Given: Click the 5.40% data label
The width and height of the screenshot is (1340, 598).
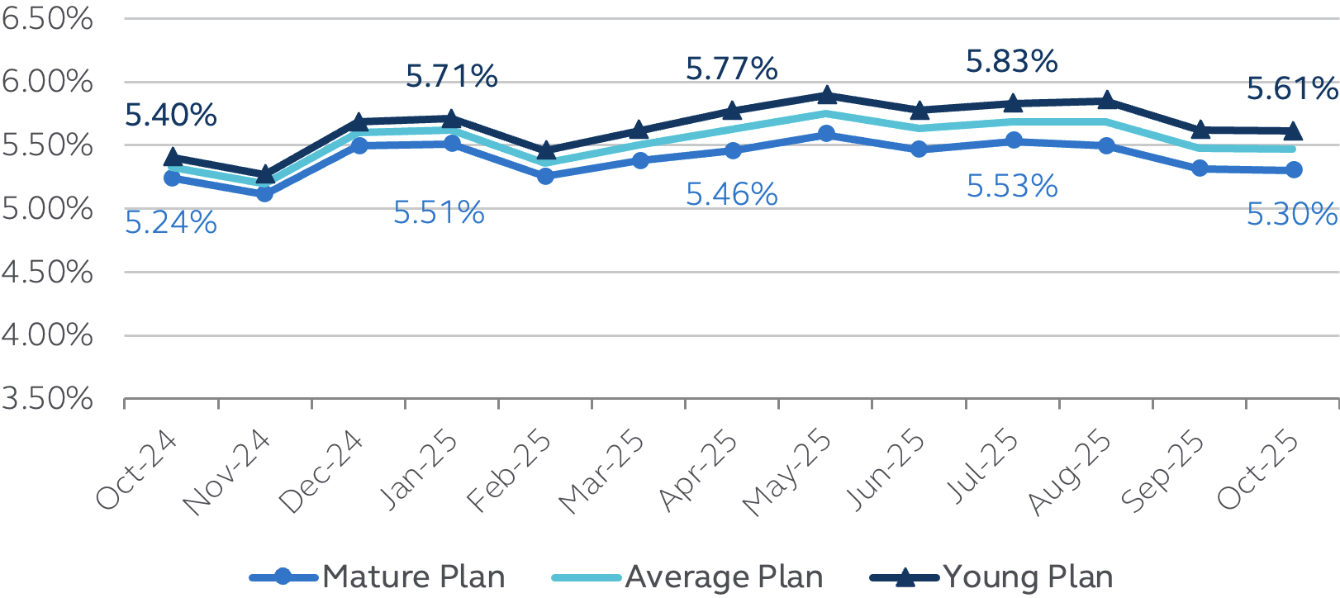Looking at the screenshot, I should [171, 116].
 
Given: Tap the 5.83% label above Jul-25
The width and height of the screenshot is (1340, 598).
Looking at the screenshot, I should [1012, 62].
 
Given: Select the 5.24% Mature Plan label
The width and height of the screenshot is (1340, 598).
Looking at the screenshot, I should [171, 223].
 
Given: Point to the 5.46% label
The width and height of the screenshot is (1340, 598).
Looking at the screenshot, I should [732, 195].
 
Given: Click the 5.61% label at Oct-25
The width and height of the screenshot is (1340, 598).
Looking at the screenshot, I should [1292, 88].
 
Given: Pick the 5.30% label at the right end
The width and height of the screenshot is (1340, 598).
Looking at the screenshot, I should [1292, 215].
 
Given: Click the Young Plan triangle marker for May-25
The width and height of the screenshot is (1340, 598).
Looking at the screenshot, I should [826, 96].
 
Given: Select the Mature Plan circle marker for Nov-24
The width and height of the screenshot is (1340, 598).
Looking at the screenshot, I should [264, 193].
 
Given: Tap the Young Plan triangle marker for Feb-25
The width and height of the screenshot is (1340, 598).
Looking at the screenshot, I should [545, 150].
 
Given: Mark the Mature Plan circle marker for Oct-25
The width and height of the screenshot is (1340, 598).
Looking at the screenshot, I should [1294, 169].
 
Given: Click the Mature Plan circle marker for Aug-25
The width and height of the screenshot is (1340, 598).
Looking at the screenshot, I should [1106, 145].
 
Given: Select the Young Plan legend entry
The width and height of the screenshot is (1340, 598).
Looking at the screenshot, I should [992, 577].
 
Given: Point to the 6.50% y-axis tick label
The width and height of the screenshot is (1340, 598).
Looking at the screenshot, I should [47, 18].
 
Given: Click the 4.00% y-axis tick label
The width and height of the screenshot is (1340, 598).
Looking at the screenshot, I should [47, 335].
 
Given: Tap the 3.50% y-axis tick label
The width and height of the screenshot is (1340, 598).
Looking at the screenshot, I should [47, 399].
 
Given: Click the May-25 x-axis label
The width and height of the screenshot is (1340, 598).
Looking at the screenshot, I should [788, 473].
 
